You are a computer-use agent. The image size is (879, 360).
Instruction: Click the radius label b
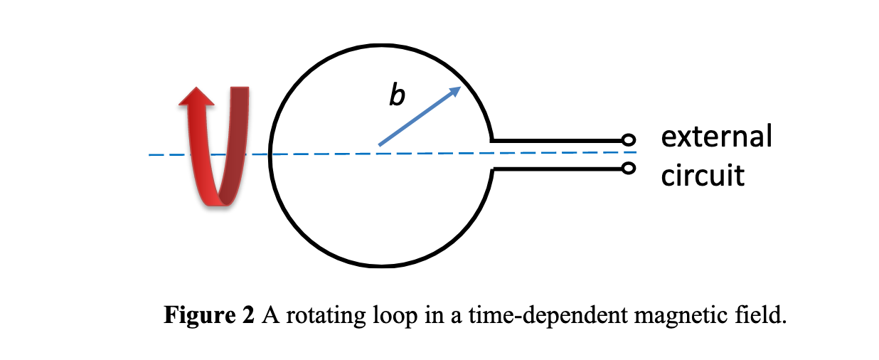pyautogui.click(x=397, y=95)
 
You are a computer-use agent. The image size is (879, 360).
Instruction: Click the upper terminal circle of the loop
pyautogui.click(x=627, y=139)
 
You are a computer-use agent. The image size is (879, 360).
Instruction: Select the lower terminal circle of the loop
pyautogui.click(x=627, y=169)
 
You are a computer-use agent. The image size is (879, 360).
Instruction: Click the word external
pyautogui.click(x=716, y=136)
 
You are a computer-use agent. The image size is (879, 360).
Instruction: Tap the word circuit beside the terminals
pyautogui.click(x=703, y=175)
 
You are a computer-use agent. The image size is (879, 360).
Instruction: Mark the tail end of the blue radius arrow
pyautogui.click(x=380, y=145)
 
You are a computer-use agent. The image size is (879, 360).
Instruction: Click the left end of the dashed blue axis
pyautogui.click(x=151, y=154)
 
